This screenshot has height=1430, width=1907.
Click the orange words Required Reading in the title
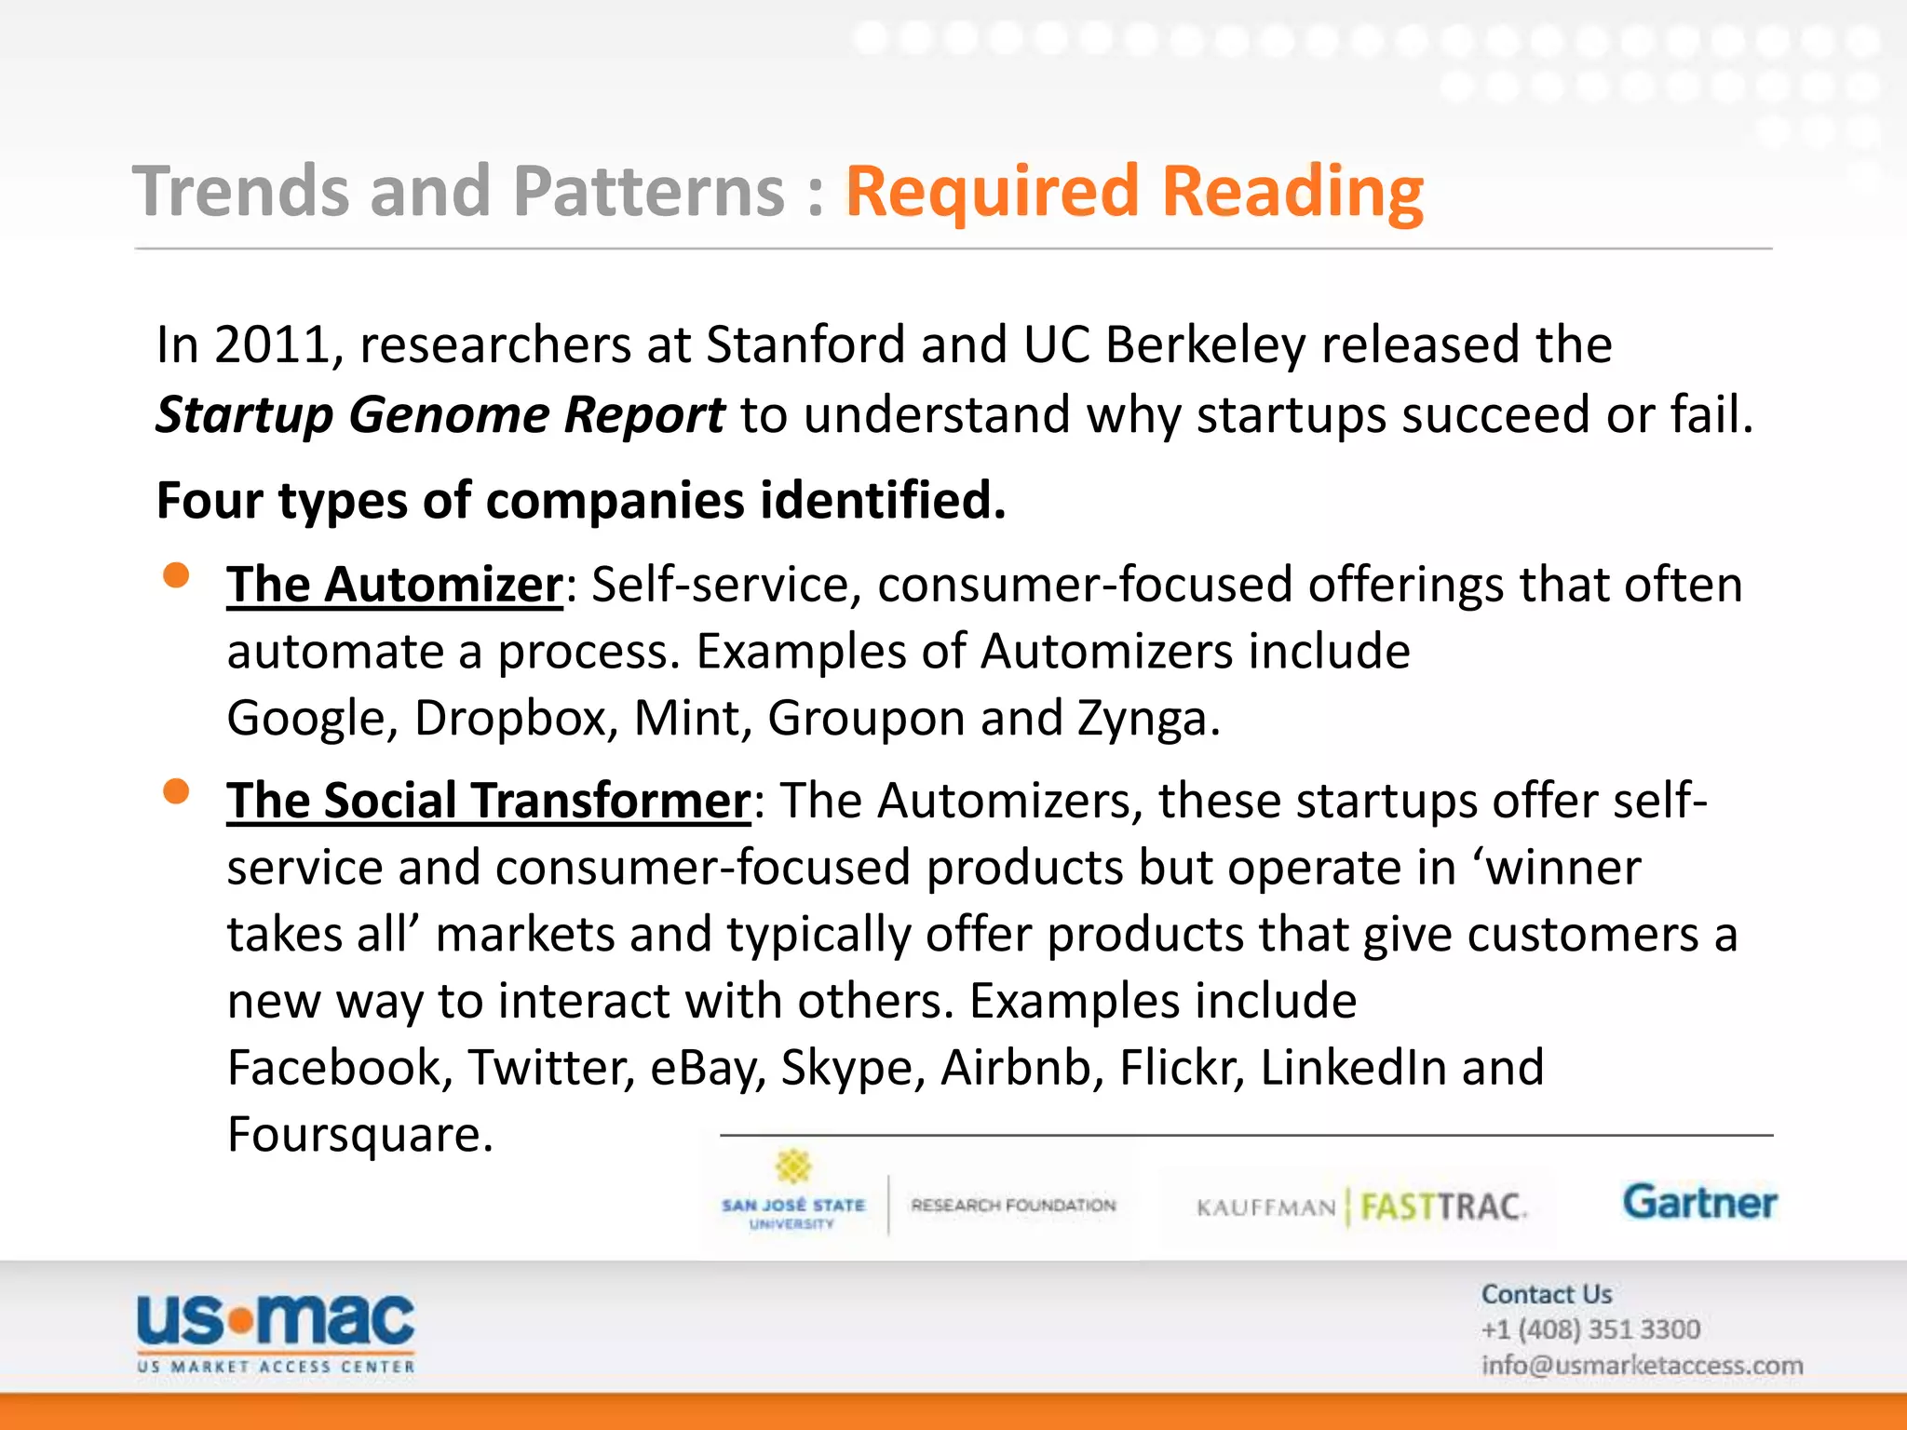pyautogui.click(x=1133, y=192)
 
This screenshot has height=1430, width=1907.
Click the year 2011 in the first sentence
pyautogui.click(x=272, y=345)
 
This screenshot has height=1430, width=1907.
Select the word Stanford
pyautogui.click(x=805, y=345)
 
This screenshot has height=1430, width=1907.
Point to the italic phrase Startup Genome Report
pyautogui.click(x=440, y=415)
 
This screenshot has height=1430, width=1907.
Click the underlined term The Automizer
pyautogui.click(x=395, y=586)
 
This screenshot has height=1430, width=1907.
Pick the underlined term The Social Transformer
pyautogui.click(x=489, y=802)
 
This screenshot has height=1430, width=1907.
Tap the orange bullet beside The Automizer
pyautogui.click(x=176, y=575)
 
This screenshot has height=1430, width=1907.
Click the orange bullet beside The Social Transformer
pyautogui.click(x=176, y=791)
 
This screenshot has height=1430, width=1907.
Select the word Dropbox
pyautogui.click(x=511, y=719)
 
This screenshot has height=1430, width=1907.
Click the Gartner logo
pyautogui.click(x=1699, y=1203)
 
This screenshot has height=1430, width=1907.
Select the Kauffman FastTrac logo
pyautogui.click(x=1360, y=1207)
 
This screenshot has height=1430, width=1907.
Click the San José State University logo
pyautogui.click(x=793, y=1196)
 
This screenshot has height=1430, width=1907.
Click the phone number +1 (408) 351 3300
pyautogui.click(x=1590, y=1329)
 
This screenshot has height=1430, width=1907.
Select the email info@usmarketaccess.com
pyautogui.click(x=1642, y=1366)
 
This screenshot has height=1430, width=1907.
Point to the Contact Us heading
pyautogui.click(x=1547, y=1294)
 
